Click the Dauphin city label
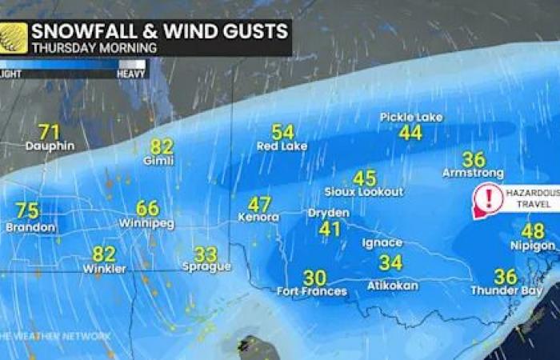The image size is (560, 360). click(50, 146)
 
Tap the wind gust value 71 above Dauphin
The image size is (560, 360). click(50, 131)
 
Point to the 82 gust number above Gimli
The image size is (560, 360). click(162, 146)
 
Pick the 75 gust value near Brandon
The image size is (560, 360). click(27, 211)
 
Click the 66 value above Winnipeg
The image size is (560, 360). click(147, 209)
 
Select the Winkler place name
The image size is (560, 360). click(104, 269)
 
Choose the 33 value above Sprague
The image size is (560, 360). click(206, 254)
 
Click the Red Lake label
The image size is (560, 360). click(282, 146)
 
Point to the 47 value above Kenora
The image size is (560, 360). click(259, 204)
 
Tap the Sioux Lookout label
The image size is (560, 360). click(364, 192)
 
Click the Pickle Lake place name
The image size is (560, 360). click(411, 118)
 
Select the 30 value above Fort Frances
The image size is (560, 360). click(314, 278)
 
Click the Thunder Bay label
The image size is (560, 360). click(506, 290)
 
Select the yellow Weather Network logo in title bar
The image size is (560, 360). click(14, 38)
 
